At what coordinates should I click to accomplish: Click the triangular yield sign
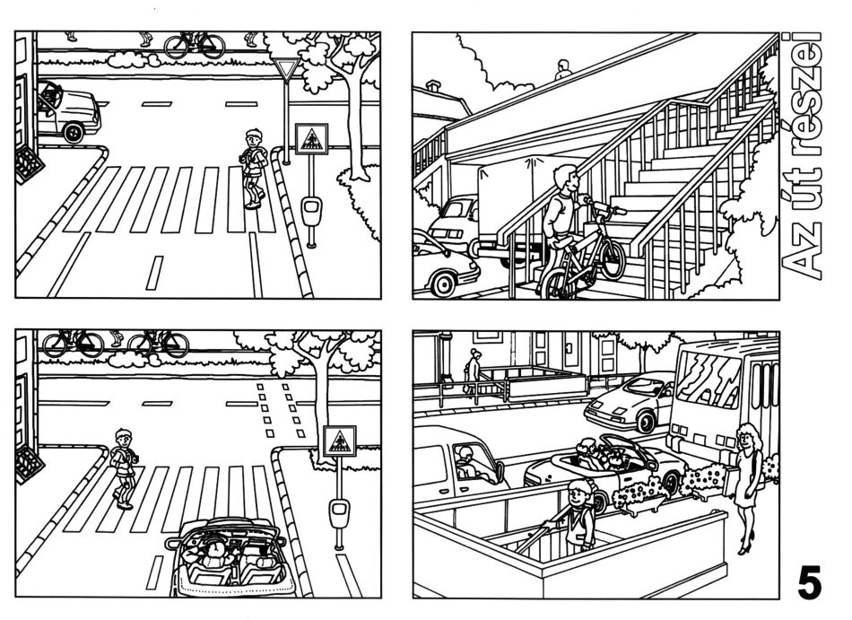(286, 69)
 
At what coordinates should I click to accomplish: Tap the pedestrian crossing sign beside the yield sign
(311, 139)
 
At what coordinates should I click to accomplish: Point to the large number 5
(809, 582)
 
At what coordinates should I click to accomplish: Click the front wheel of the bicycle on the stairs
(612, 258)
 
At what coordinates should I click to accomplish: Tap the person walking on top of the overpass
(563, 70)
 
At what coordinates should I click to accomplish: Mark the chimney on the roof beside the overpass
(433, 85)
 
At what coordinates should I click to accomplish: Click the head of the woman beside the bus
(749, 434)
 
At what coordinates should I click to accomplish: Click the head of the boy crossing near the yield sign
(253, 138)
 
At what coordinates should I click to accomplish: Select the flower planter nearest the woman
(702, 480)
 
